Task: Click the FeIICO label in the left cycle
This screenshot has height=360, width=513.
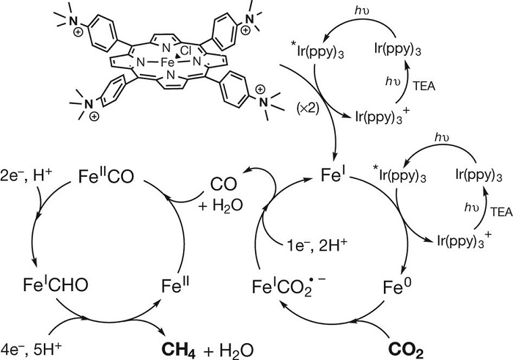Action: point(106,176)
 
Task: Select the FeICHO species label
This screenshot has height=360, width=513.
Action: point(56,284)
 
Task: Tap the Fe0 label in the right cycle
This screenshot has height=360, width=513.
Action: point(397,287)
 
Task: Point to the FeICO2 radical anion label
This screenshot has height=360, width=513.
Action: point(289,287)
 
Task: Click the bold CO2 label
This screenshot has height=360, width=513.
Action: point(406,350)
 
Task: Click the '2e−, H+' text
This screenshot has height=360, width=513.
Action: point(26,176)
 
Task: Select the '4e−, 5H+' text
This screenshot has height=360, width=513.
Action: point(31,350)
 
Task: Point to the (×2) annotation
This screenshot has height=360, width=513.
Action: point(307,108)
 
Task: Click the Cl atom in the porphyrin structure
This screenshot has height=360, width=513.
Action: point(185,51)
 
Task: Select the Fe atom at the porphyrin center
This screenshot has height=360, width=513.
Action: point(168,62)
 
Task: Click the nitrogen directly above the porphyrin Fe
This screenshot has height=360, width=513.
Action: point(166,48)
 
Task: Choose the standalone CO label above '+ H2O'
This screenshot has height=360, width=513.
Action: point(224,184)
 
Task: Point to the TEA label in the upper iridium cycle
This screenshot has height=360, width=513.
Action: point(424,86)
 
